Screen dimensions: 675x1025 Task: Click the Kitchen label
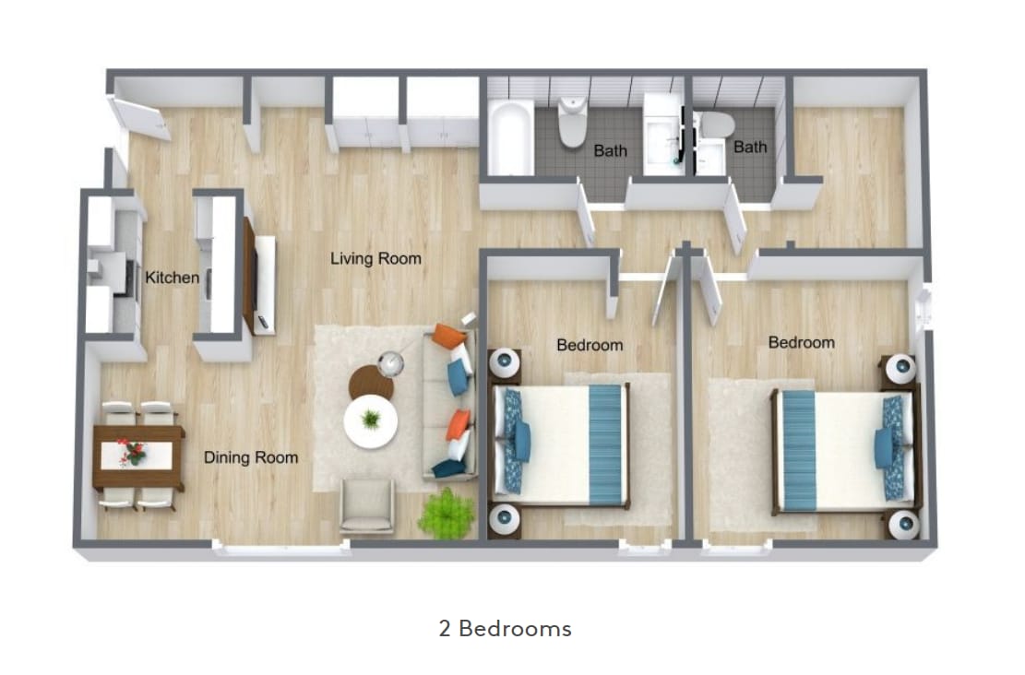point(173,277)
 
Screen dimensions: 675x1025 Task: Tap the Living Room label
point(375,259)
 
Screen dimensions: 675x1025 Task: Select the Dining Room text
point(251,457)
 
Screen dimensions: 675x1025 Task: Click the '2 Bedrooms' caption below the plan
point(505,629)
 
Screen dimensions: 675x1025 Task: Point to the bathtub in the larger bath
point(509,138)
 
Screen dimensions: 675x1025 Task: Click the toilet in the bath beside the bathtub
point(573,121)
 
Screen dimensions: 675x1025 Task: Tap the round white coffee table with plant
point(371,422)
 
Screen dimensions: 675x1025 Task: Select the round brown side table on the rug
point(371,382)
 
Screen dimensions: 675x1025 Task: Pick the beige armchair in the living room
point(367,505)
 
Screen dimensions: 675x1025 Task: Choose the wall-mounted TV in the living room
point(249,276)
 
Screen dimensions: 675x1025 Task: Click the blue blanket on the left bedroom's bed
point(605,444)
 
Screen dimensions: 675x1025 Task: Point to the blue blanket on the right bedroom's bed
point(800,451)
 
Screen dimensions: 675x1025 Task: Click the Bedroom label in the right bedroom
point(801,343)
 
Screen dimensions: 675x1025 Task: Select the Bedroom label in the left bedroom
point(590,346)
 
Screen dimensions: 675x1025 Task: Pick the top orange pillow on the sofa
point(449,337)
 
